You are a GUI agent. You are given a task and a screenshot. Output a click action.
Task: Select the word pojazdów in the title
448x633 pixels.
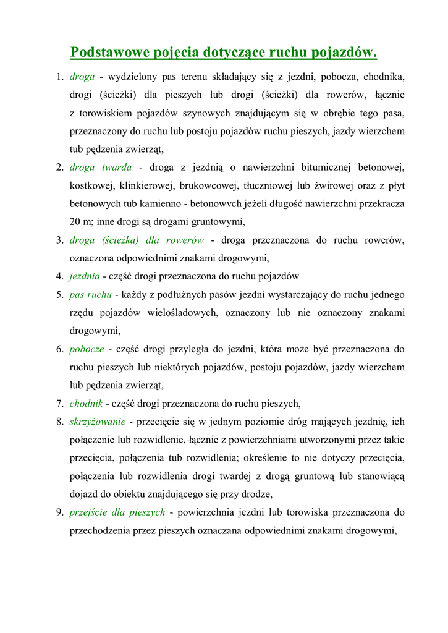(x=346, y=51)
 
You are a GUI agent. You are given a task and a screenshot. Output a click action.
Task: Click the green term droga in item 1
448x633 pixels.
(x=82, y=77)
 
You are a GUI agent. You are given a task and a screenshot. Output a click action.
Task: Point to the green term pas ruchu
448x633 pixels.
(x=90, y=294)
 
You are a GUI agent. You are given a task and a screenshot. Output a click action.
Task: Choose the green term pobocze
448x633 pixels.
(x=87, y=349)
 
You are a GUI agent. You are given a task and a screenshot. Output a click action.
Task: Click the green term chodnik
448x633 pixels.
(x=85, y=404)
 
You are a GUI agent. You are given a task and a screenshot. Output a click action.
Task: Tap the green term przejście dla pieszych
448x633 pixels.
(x=117, y=512)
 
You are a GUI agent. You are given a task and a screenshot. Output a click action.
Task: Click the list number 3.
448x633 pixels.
(x=60, y=240)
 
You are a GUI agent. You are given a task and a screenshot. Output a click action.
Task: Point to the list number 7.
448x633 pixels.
(x=60, y=404)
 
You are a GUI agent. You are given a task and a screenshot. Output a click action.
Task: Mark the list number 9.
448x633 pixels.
(x=60, y=512)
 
